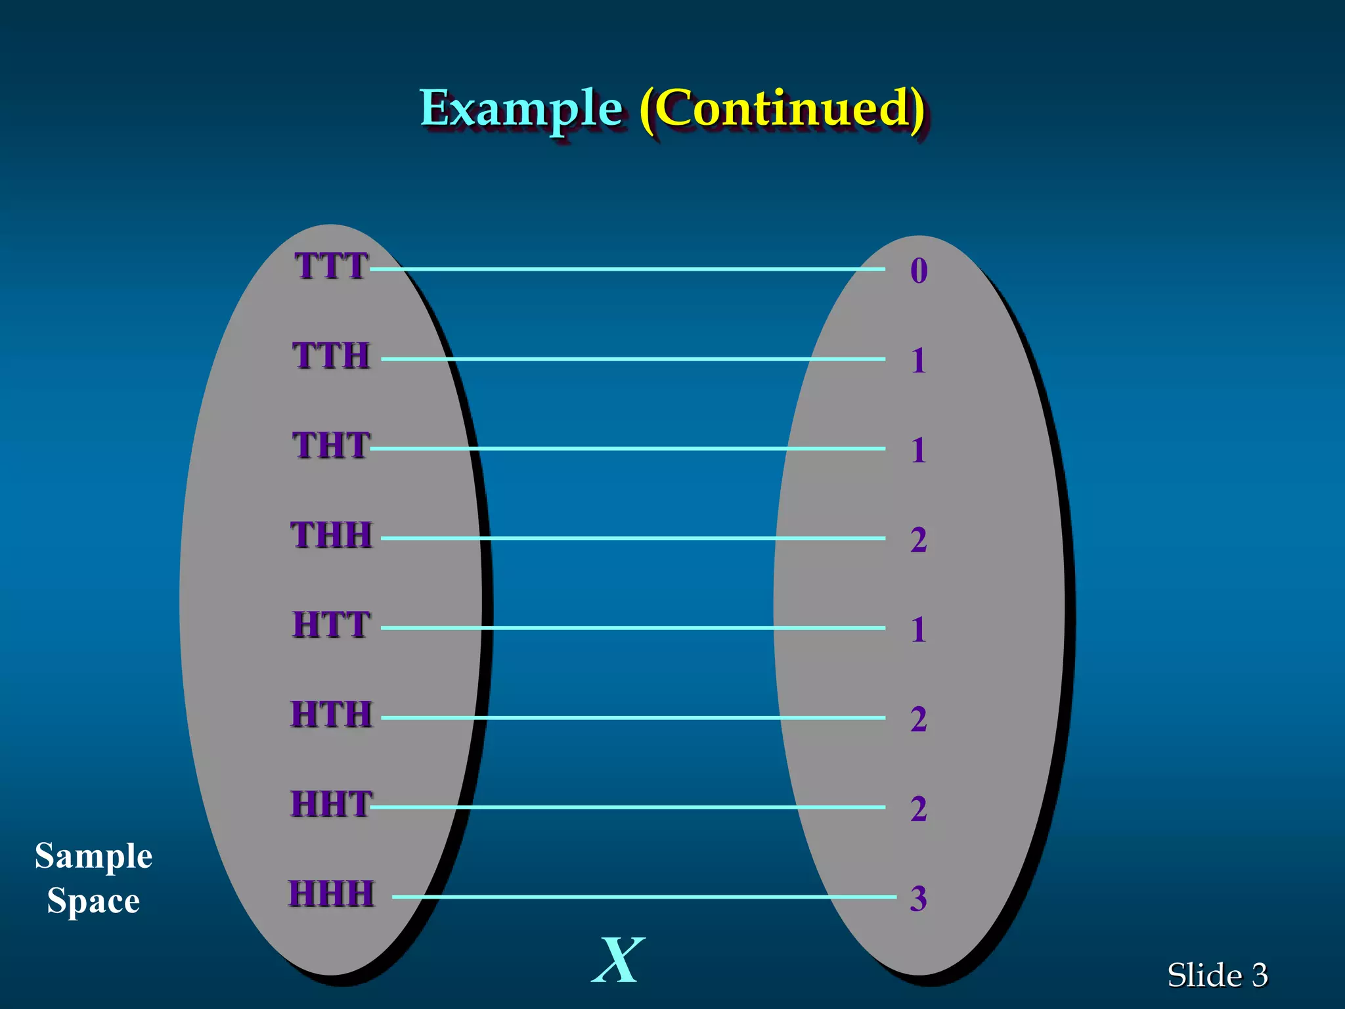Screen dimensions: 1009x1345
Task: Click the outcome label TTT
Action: coord(331,266)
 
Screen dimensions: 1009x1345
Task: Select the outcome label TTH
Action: coord(331,356)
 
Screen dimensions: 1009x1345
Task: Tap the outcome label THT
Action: coord(331,445)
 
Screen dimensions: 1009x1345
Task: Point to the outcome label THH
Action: coord(331,535)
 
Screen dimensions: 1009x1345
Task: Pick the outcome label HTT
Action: coord(331,625)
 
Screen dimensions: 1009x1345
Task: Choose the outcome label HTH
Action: coord(331,715)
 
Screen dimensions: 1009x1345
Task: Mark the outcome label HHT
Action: coord(331,804)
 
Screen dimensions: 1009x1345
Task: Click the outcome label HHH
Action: coord(331,894)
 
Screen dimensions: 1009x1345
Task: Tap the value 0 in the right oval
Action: coord(919,271)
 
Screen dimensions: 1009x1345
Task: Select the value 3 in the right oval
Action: coord(918,899)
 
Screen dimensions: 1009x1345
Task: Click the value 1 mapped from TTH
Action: coord(918,361)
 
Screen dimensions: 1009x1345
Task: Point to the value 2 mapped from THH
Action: coord(918,540)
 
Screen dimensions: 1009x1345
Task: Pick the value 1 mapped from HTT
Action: coord(918,629)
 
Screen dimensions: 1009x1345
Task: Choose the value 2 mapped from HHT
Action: coord(918,809)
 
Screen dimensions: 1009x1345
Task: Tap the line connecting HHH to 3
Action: coord(644,897)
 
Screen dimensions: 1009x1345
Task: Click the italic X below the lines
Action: coord(618,960)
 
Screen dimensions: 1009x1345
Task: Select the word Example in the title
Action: coord(521,108)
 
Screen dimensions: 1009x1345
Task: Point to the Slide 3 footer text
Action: coord(1217,975)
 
